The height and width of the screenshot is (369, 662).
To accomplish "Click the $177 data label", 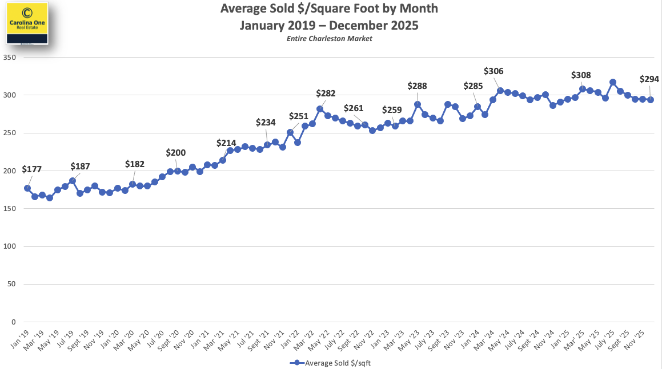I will pyautogui.click(x=31, y=169).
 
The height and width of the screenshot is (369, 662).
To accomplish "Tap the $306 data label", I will pyautogui.click(x=494, y=71).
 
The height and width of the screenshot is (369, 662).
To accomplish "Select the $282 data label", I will pyautogui.click(x=326, y=94).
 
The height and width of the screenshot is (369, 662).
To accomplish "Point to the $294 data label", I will pyautogui.click(x=649, y=79).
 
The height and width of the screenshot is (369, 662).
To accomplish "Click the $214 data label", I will pyautogui.click(x=226, y=143).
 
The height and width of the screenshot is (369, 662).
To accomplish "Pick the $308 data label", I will pyautogui.click(x=581, y=75).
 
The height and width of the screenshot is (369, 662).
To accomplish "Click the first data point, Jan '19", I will pyautogui.click(x=27, y=188).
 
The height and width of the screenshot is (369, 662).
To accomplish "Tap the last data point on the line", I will pyautogui.click(x=650, y=99).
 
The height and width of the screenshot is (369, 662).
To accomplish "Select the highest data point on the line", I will pyautogui.click(x=613, y=82).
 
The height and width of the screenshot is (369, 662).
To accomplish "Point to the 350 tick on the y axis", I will pyautogui.click(x=9, y=58).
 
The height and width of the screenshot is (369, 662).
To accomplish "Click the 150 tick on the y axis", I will pyautogui.click(x=9, y=209).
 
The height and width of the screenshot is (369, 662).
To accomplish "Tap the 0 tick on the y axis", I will pyautogui.click(x=13, y=322).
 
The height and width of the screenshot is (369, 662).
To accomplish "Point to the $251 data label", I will pyautogui.click(x=298, y=116).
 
